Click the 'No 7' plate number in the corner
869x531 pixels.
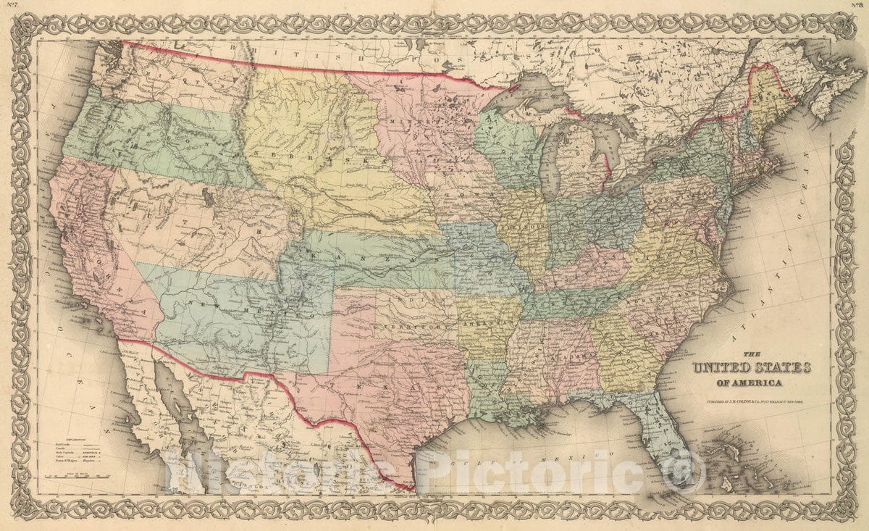pos(12,6)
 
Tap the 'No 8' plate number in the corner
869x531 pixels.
pos(857,6)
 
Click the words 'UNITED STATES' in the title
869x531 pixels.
pos(751,367)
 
